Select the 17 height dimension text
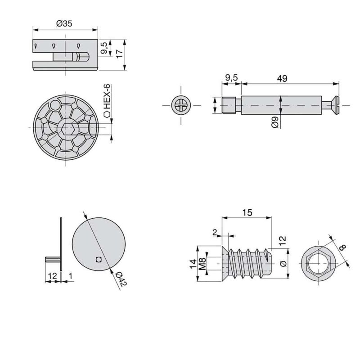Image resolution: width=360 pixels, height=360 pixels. [x=119, y=53]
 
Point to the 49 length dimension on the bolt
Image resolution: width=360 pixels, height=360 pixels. [x=282, y=78]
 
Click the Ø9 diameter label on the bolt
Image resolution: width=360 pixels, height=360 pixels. [x=274, y=122]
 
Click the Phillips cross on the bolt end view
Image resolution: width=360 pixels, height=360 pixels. [x=181, y=106]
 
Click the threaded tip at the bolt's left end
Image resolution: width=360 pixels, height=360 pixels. [x=229, y=106]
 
